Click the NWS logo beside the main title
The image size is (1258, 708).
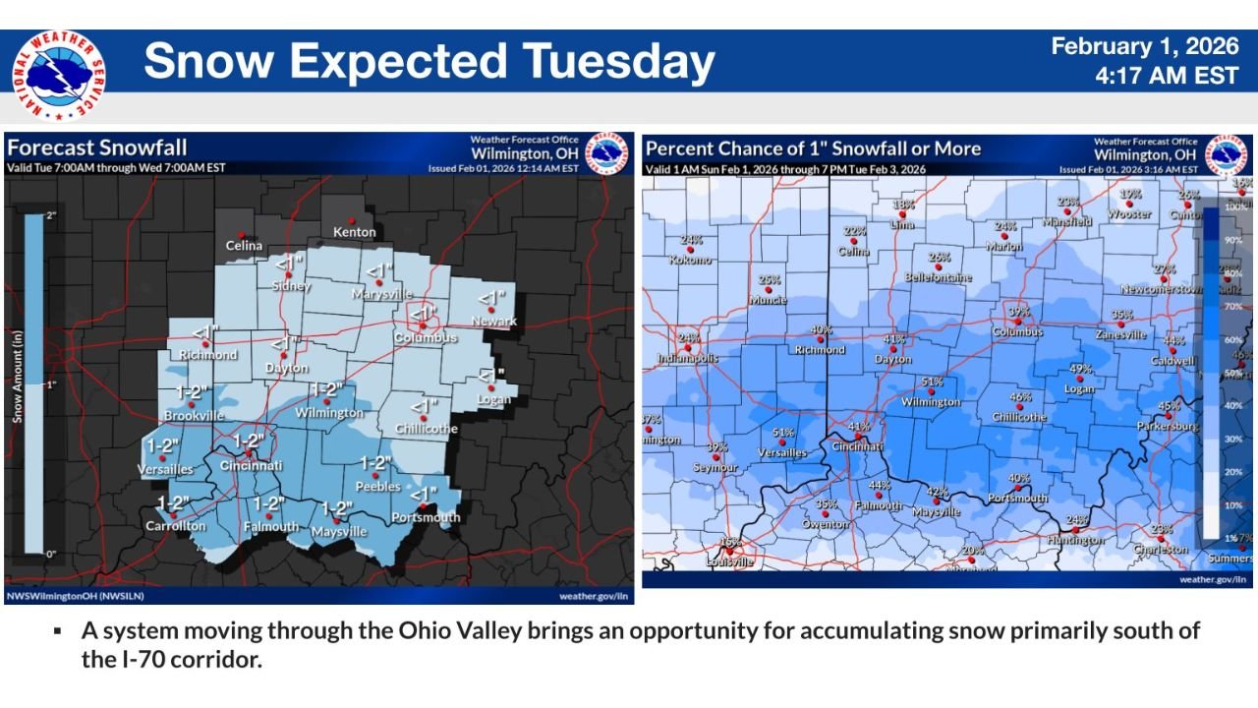(x=59, y=76)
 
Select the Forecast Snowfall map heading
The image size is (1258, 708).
(x=96, y=148)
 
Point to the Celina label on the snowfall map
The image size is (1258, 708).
(x=244, y=245)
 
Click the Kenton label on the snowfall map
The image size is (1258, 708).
(x=354, y=232)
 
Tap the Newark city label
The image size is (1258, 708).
(x=493, y=321)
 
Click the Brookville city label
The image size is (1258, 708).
(x=196, y=416)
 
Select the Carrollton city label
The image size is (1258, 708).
(x=177, y=526)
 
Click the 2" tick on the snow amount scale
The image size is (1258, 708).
(x=50, y=214)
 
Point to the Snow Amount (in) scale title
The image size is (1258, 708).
(x=17, y=379)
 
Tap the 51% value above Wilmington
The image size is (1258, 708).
(x=932, y=382)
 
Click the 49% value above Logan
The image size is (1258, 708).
(x=1080, y=369)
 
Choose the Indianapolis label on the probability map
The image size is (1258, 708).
(x=688, y=358)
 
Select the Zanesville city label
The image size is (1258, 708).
(x=1120, y=334)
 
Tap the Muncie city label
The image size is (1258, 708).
(x=768, y=300)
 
